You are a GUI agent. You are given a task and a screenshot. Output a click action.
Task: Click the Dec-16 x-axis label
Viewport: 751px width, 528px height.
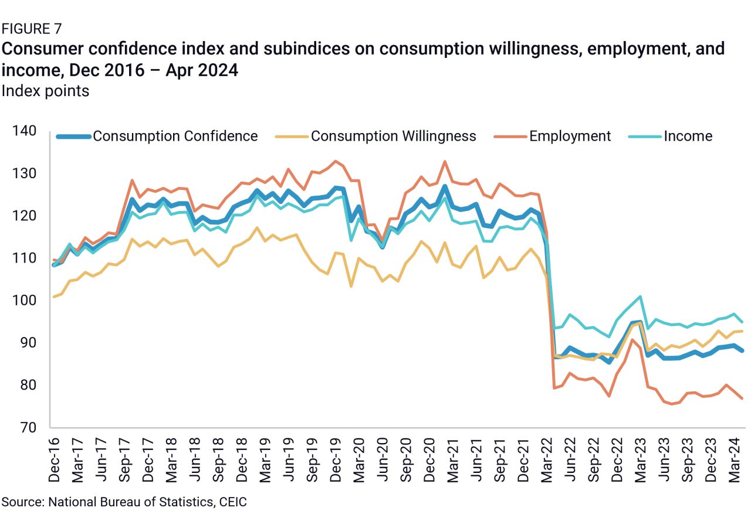point(55,459)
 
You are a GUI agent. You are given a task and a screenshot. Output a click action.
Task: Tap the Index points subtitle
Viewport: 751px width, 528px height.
point(46,91)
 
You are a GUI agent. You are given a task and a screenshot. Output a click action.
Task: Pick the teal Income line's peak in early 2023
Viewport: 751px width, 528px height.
point(640,297)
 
